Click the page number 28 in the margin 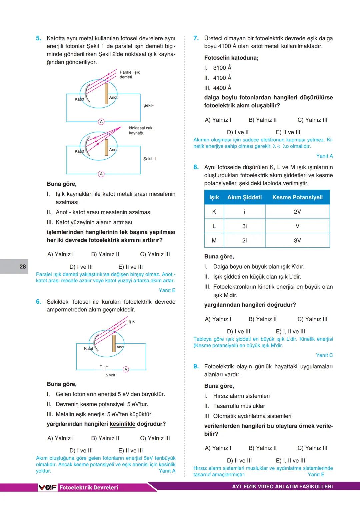23,266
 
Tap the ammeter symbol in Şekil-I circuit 101,122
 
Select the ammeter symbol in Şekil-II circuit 101,174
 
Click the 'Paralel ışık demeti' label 130,75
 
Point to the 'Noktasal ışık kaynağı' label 140,130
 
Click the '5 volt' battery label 110,375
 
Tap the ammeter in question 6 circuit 126,369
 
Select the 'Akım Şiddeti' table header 244,197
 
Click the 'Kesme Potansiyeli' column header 297,197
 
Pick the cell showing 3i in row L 244,226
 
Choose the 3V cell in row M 297,240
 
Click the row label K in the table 214,212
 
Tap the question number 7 196,38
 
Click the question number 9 196,366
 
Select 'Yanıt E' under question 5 167,290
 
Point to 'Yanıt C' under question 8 324,355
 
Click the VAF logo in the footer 48,487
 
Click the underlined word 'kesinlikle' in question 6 122,424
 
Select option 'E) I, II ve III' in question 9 290,461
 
